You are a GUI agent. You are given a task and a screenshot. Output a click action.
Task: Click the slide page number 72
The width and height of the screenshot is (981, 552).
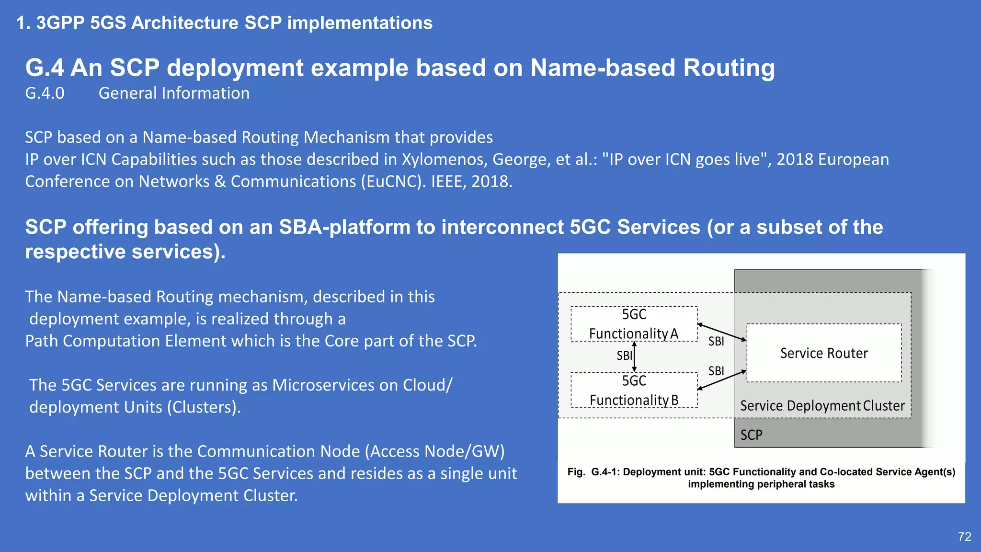tap(964, 537)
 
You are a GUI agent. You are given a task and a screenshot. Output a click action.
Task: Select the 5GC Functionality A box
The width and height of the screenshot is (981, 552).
tap(634, 324)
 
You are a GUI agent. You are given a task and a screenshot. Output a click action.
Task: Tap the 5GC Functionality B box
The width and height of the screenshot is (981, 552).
tap(634, 390)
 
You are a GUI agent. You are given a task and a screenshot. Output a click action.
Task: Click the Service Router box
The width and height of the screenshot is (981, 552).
tap(824, 353)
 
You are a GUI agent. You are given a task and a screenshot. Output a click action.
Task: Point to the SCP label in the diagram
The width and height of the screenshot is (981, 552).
tap(751, 435)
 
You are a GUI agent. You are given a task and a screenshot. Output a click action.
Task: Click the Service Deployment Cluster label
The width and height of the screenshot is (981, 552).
tap(822, 406)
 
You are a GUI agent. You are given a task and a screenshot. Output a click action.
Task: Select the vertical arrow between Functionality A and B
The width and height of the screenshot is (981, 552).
tap(635, 357)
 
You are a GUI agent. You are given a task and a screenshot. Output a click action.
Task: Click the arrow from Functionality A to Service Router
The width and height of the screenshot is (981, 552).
tap(722, 332)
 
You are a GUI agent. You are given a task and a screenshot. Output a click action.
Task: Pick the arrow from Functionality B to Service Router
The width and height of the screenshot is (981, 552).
tap(722, 379)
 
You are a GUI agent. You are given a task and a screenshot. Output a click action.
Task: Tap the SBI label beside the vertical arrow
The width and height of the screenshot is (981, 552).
tap(624, 356)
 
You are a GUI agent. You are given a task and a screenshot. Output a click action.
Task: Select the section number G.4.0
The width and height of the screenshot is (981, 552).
tap(45, 93)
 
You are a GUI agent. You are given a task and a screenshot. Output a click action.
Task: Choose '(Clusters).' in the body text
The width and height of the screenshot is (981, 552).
tap(204, 407)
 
